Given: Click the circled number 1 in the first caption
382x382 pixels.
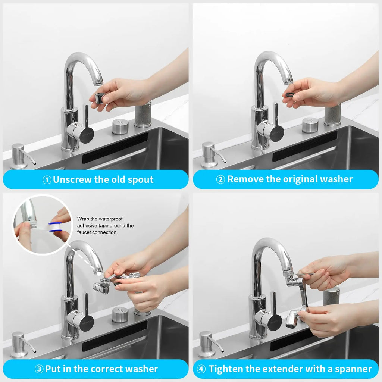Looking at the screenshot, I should coord(47,180).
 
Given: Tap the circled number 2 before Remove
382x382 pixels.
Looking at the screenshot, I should coord(220,179).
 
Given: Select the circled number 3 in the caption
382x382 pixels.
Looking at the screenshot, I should coord(39,369).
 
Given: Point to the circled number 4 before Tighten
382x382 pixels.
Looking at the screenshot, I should coord(201,369).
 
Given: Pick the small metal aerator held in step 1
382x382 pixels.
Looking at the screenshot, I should coord(100,98).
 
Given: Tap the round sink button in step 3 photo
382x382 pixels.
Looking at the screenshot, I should coord(120,314).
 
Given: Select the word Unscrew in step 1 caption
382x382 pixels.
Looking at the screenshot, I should coord(72,180).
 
